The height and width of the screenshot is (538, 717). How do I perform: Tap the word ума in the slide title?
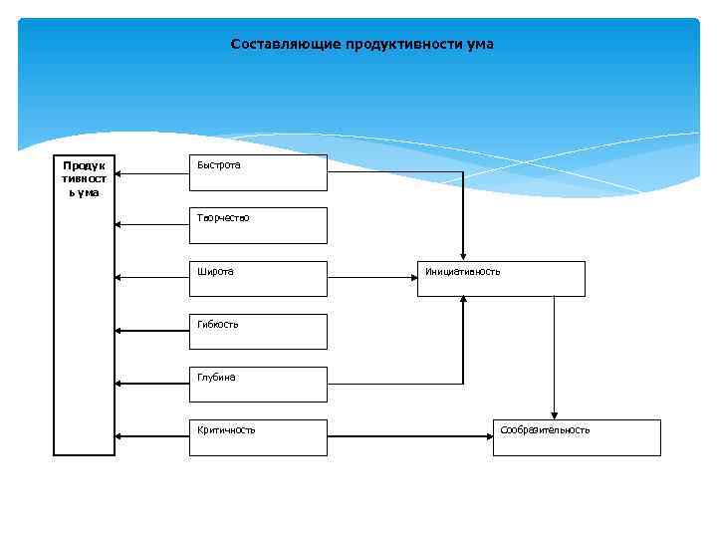click(480, 45)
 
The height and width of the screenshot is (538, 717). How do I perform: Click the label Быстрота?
click(218, 165)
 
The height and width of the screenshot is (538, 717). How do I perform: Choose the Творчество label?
click(223, 218)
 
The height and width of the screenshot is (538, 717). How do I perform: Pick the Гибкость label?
click(218, 325)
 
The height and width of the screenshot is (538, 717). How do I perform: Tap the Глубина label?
click(216, 378)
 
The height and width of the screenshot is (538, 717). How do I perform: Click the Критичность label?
click(226, 430)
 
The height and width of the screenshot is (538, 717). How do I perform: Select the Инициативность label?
click(462, 271)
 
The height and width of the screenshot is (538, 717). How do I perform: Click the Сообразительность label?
click(545, 430)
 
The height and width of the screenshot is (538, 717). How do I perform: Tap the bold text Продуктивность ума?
click(84, 178)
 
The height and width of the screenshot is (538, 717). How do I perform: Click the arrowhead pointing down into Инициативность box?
click(463, 256)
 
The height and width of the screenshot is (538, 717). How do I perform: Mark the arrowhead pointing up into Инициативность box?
click(463, 301)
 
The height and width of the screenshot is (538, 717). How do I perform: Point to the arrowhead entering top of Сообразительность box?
click(554, 414)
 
